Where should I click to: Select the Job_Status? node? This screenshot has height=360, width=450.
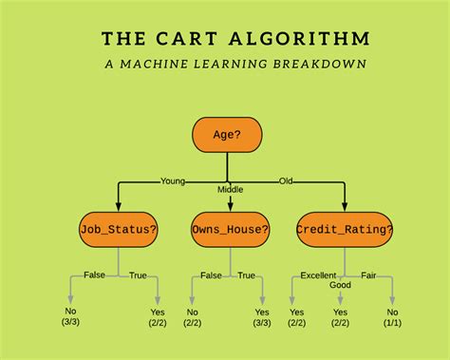[118, 229]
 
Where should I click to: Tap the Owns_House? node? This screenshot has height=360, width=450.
[230, 229]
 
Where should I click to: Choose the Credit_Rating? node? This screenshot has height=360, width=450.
[344, 229]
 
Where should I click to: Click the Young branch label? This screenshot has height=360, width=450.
[174, 180]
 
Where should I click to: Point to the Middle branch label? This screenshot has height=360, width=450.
[230, 189]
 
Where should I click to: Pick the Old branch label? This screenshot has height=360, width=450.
[286, 180]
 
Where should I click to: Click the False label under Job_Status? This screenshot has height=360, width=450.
[95, 275]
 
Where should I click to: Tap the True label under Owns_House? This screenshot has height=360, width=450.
[247, 275]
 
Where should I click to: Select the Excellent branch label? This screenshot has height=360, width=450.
[318, 275]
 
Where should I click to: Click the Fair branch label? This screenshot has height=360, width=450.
[368, 275]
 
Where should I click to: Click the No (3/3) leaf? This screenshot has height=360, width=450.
[69, 317]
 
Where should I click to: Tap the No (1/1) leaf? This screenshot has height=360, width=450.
[391, 317]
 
